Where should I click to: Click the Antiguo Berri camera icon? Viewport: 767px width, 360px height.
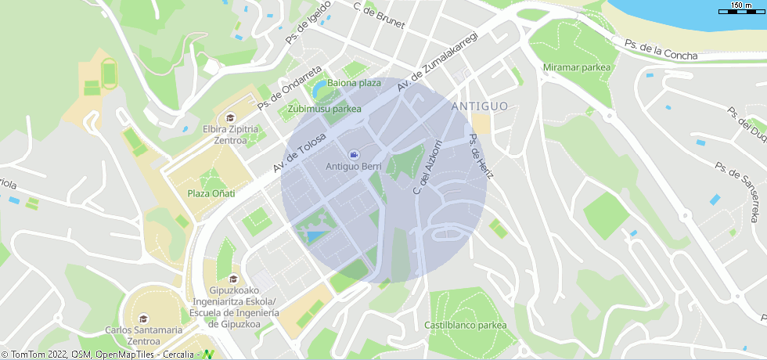(x=353, y=154)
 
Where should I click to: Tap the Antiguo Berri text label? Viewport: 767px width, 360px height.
(x=353, y=167)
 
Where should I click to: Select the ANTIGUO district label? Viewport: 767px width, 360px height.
(x=480, y=106)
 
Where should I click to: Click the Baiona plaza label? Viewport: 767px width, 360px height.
(x=354, y=83)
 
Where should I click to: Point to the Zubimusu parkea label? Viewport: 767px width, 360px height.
(x=325, y=109)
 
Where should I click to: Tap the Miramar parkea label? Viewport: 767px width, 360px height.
(x=576, y=67)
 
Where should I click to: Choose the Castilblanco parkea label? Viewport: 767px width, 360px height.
(x=465, y=325)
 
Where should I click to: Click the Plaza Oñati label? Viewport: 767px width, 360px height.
(x=211, y=193)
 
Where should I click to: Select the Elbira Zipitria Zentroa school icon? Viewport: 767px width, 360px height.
(x=231, y=118)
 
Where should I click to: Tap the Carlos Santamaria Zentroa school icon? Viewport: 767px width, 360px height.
(x=143, y=319)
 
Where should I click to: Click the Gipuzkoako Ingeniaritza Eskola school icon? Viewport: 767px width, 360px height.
(x=232, y=279)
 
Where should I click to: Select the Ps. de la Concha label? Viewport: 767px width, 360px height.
(x=661, y=50)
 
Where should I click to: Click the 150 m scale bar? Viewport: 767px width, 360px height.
(x=741, y=9)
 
